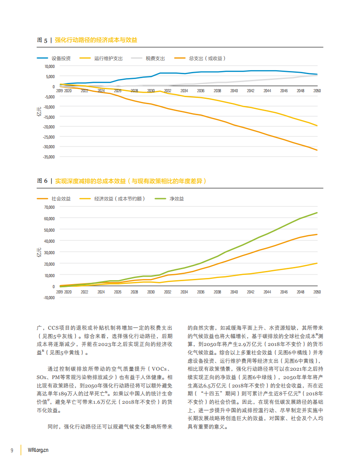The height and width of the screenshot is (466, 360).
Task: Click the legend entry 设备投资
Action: tap(60, 58)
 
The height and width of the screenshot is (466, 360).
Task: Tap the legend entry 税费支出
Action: tap(155, 58)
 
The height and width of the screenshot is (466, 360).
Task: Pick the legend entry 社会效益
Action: tap(61, 199)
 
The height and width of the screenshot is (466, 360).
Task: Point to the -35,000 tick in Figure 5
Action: tap(49, 157)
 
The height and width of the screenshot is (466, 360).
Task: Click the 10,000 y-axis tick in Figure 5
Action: tap(49, 67)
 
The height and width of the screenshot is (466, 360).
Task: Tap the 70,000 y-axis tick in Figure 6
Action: tap(49, 207)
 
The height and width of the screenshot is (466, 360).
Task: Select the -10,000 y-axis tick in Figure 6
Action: tap(49, 297)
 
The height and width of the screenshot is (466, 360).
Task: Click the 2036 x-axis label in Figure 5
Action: tap(201, 90)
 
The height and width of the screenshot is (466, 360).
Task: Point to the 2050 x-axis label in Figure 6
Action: tap(317, 292)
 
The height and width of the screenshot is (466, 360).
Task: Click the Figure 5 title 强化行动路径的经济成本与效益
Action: tap(96, 40)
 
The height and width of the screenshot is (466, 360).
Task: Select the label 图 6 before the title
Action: tap(42, 181)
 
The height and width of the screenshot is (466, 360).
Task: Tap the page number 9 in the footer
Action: tap(12, 450)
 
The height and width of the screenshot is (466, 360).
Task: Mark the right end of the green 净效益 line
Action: tap(317, 213)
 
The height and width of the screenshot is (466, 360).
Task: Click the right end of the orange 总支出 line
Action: tap(317, 150)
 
